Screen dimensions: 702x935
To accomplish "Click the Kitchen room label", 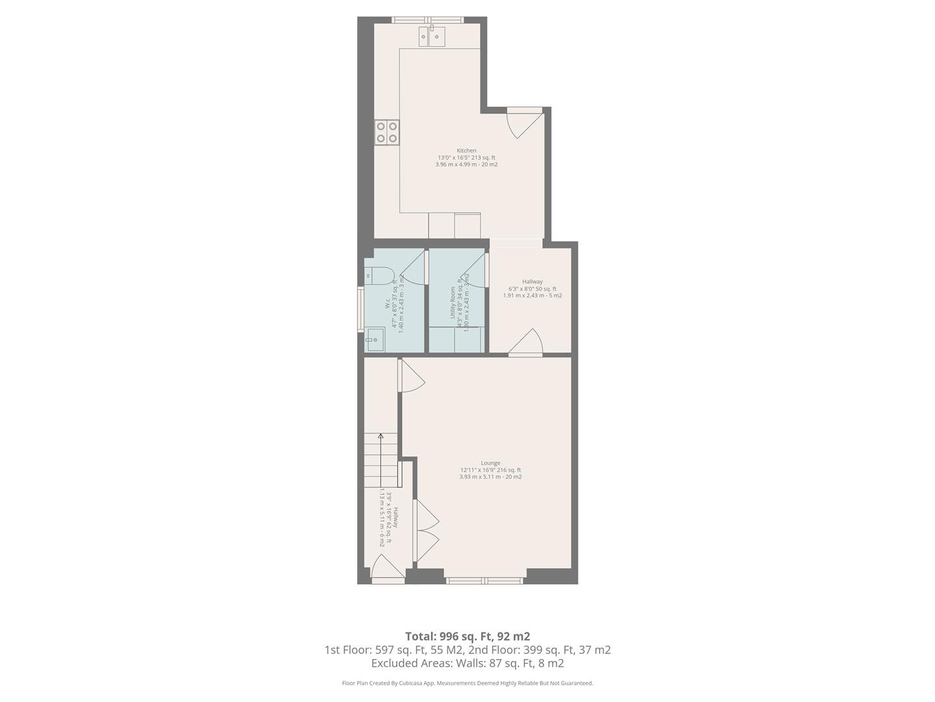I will [x=466, y=151].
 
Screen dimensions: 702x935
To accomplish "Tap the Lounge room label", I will [x=490, y=463].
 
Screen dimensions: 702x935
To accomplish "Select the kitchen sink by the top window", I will [x=432, y=36].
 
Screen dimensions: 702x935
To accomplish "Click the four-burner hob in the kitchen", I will [x=387, y=133].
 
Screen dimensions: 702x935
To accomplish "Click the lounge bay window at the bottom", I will [x=485, y=580].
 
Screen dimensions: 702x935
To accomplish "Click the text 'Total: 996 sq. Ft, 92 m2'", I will [x=467, y=636].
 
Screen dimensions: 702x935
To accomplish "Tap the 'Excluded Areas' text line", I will [x=467, y=664].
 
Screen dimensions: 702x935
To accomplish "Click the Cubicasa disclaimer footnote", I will [x=467, y=683].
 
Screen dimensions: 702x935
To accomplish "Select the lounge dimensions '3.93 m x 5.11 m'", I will [x=490, y=477].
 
